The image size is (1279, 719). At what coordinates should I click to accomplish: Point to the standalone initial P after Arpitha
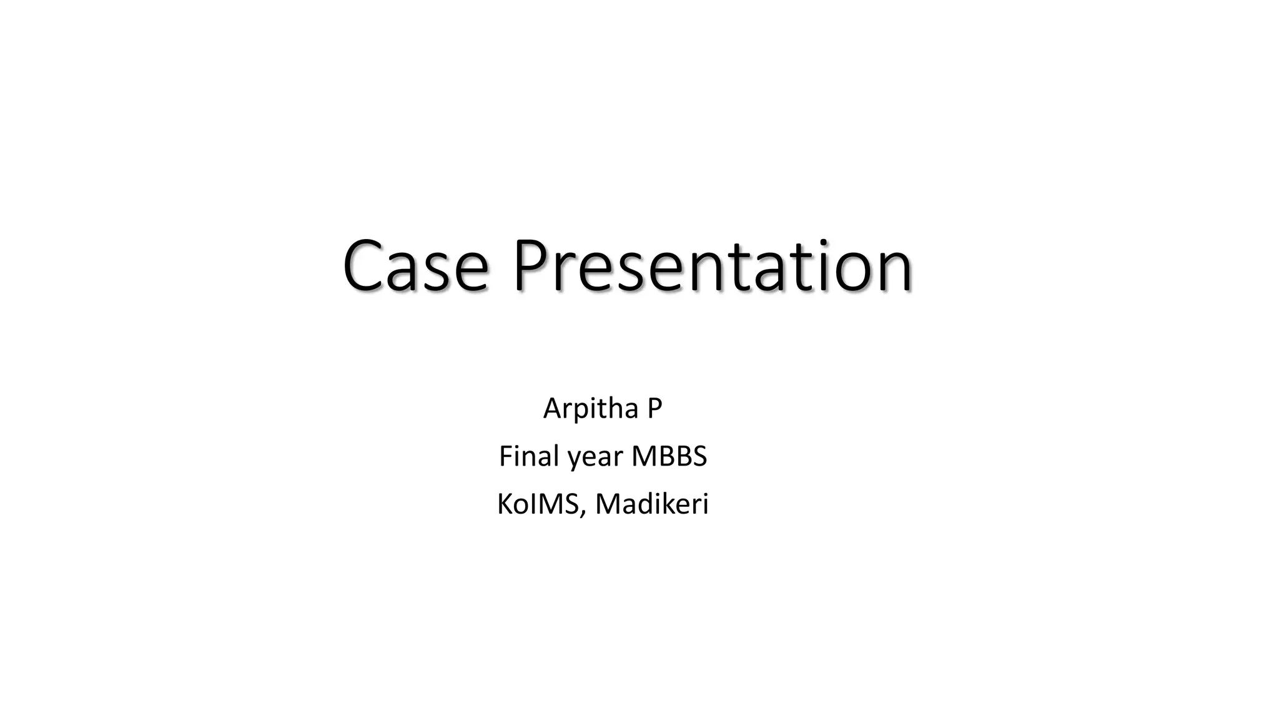(x=654, y=409)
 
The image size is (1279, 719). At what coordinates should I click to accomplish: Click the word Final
(x=530, y=456)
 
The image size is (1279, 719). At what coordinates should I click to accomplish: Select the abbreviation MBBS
(x=669, y=456)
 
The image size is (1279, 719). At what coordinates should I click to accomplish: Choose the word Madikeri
(x=652, y=504)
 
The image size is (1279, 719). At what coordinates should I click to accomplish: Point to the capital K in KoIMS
(x=505, y=504)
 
